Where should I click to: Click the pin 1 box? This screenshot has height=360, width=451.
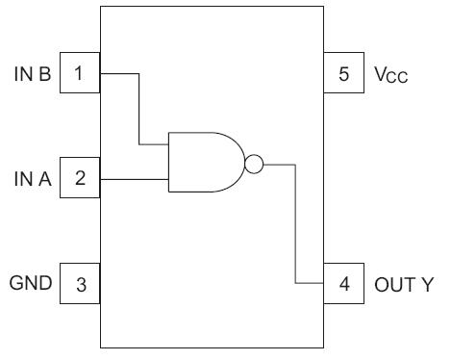80,73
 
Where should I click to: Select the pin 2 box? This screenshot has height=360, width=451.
80,178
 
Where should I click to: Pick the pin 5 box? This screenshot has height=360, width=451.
342,73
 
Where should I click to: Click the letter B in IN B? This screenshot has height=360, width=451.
46,73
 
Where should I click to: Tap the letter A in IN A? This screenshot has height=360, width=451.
46,178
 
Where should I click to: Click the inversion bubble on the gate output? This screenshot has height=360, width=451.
253,163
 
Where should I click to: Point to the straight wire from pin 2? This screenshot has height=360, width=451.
134,178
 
